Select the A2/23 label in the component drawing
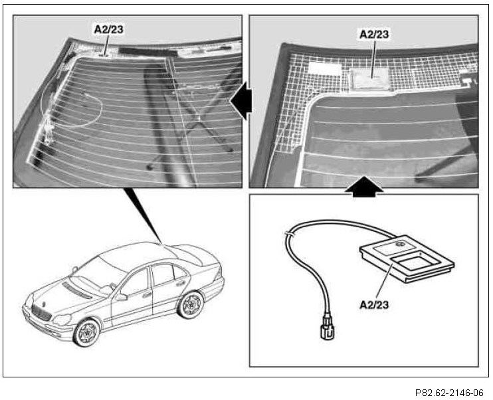374,304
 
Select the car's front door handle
147,294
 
